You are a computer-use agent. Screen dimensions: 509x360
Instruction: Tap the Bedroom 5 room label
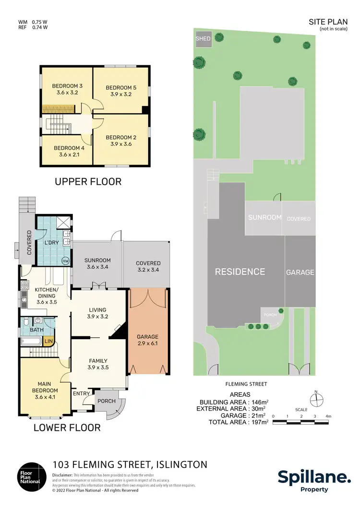121,88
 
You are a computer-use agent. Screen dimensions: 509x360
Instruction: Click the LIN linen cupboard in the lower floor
48,341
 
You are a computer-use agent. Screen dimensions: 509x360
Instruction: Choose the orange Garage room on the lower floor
147,331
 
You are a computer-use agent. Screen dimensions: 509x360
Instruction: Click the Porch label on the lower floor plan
107,401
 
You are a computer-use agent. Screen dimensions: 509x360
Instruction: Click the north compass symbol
315,399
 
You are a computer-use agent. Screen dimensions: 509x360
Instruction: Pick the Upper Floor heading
88,181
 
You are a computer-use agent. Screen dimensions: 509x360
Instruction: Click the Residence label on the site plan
240,272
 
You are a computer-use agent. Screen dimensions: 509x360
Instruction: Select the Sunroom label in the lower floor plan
97,260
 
